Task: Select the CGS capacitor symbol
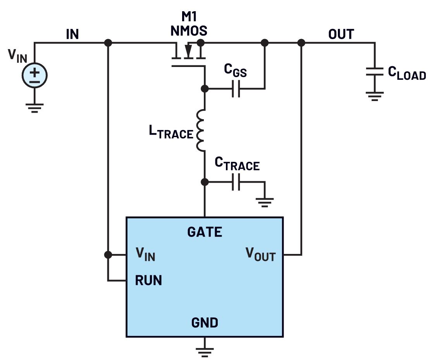(x=236, y=89)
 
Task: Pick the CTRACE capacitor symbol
(x=236, y=182)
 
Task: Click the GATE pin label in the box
(x=205, y=232)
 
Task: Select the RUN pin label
(x=148, y=280)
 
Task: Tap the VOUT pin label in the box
(x=260, y=254)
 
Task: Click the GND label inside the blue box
(x=205, y=322)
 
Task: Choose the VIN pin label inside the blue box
(x=145, y=254)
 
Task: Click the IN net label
(x=72, y=34)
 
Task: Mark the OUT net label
(x=341, y=34)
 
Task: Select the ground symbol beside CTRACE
(x=265, y=202)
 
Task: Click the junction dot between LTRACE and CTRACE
(x=205, y=182)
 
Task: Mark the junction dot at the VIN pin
(x=108, y=255)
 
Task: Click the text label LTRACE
(x=171, y=132)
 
